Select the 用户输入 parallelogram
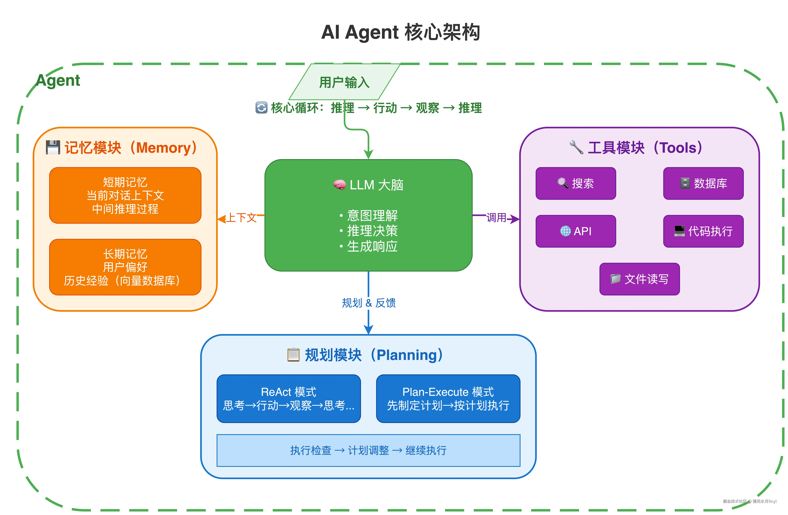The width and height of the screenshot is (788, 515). pos(344,82)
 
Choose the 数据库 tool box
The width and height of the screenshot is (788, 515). pos(703,183)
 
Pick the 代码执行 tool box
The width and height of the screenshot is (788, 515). pos(703,231)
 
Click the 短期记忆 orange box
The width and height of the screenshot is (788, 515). pos(125,195)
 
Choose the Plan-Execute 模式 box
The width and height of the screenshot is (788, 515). pos(448,398)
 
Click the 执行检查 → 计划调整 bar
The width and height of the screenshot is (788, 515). pos(368,450)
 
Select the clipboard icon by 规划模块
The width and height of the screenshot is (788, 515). pos(293,355)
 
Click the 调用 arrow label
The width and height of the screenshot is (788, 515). pos(496,217)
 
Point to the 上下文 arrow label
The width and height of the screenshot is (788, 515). pos(241,217)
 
